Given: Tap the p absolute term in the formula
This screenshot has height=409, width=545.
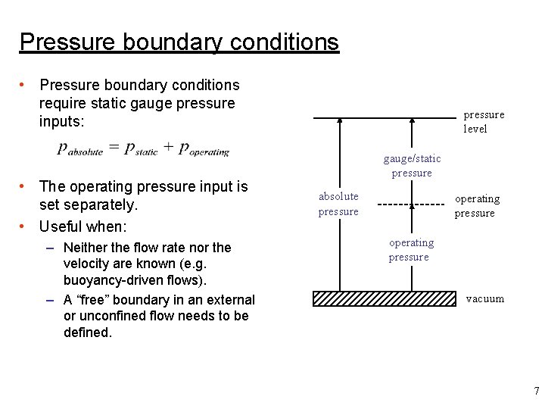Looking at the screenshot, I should pos(79,149).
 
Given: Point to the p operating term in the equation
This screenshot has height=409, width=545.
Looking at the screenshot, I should pos(204,149).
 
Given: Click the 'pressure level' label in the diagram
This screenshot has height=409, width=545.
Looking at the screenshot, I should pos(483,122).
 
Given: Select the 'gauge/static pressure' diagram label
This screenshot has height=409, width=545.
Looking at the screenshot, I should pos(412,166).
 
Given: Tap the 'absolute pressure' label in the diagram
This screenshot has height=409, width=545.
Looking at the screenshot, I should pos(338,204).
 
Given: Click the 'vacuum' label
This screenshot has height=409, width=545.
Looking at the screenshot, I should pos(484,298).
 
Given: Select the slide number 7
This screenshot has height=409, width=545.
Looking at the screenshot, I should pos(536,392).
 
